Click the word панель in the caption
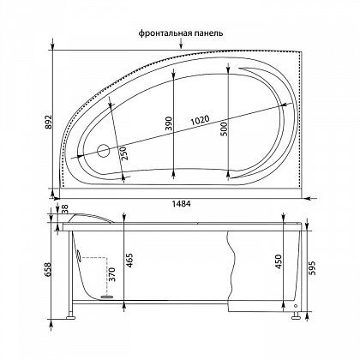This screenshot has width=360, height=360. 207,33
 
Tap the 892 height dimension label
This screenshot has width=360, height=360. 49,122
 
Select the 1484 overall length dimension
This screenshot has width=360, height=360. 181,203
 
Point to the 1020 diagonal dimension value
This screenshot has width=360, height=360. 201,120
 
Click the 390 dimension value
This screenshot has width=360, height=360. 170,123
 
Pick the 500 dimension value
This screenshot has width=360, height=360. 225,129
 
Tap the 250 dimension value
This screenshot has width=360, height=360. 125,154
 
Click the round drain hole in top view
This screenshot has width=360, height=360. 104,151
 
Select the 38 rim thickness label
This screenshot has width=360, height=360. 65,209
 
